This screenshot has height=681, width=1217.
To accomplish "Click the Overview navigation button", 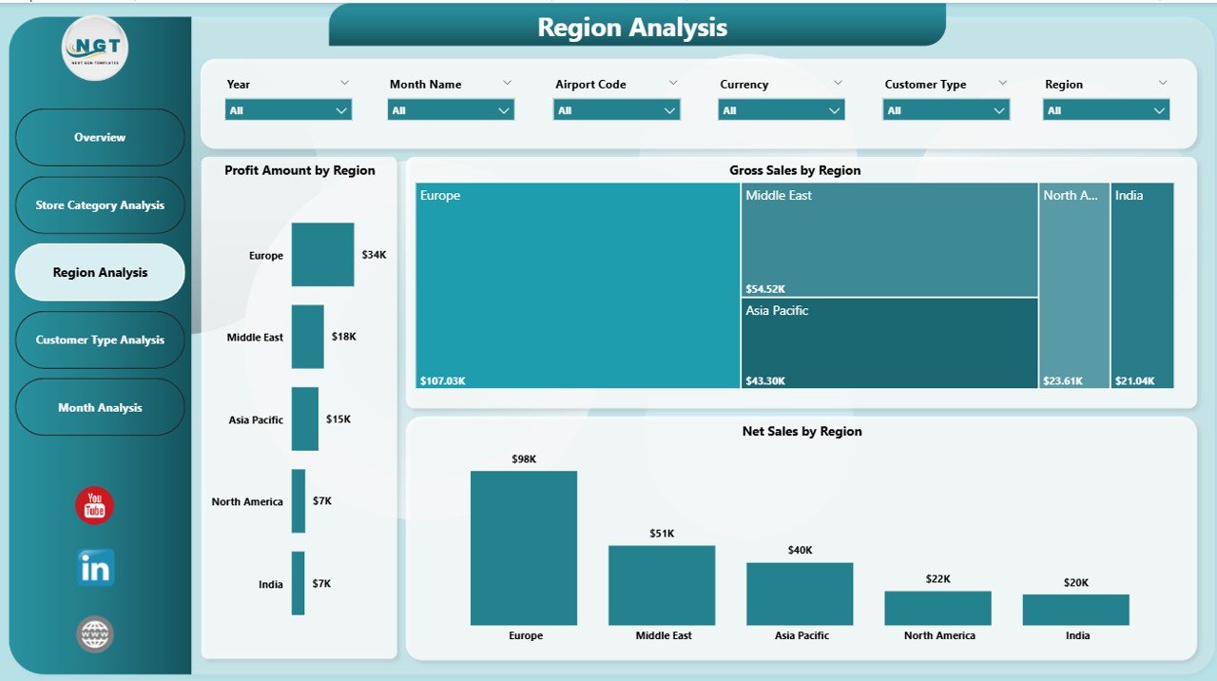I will pyautogui.click(x=100, y=137).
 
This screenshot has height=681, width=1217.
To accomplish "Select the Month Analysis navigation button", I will pyautogui.click(x=100, y=407).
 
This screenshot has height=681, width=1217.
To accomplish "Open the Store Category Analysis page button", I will pyautogui.click(x=100, y=204).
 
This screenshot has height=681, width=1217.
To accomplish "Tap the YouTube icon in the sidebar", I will pyautogui.click(x=95, y=506).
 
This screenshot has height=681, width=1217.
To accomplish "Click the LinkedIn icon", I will pyautogui.click(x=95, y=568).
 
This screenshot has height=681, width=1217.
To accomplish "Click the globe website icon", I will pyautogui.click(x=95, y=634).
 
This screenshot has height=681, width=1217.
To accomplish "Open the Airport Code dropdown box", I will pyautogui.click(x=616, y=110).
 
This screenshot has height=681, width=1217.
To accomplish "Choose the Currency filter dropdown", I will pyautogui.click(x=781, y=110).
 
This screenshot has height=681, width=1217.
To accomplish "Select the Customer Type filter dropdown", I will pyautogui.click(x=945, y=110).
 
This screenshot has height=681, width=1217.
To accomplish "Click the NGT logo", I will pyautogui.click(x=95, y=48).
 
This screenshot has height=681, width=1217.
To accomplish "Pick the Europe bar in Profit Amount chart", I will pyautogui.click(x=322, y=254).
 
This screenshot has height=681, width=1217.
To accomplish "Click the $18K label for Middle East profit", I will pyautogui.click(x=343, y=337).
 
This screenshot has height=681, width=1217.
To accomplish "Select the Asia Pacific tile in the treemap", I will pyautogui.click(x=889, y=342).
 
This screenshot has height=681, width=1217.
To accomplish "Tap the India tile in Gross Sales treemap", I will pyautogui.click(x=1142, y=285).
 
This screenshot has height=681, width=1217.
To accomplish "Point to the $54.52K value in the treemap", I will pyautogui.click(x=766, y=288).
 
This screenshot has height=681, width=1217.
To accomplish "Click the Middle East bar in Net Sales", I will pyautogui.click(x=662, y=585).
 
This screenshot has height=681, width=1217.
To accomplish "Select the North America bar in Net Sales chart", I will pyautogui.click(x=937, y=608).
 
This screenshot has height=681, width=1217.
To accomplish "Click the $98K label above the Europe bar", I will pyautogui.click(x=524, y=459).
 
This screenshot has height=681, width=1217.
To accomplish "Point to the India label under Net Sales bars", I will pyautogui.click(x=1076, y=635).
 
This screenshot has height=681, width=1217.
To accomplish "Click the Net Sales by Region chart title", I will pyautogui.click(x=802, y=431).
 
